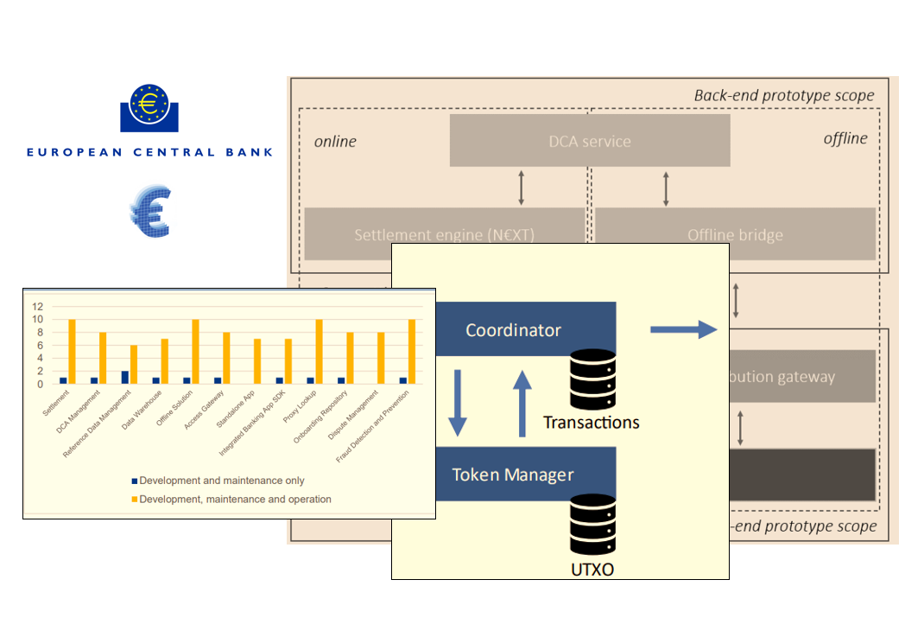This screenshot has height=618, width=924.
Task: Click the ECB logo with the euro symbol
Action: coord(150,108)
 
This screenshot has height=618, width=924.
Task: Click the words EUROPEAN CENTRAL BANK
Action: coord(149,152)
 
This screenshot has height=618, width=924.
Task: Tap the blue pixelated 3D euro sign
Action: coord(150,213)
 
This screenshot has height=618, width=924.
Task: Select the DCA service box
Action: coord(590,141)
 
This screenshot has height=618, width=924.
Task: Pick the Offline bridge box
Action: coord(736,234)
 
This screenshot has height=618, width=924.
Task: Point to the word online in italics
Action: coord(335,141)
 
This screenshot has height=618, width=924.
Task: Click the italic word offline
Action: coord(845,138)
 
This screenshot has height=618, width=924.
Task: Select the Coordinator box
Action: coord(513,329)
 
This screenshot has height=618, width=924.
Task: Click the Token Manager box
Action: coord(513,475)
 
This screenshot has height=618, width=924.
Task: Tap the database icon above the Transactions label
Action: coord(592,379)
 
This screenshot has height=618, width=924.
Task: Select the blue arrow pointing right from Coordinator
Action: coord(683,328)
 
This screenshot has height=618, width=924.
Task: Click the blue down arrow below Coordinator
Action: coord(458,402)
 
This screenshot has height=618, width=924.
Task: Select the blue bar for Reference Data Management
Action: coord(124,377)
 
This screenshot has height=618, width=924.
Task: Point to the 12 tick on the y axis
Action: coord(37,306)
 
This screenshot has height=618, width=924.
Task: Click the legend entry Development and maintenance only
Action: coord(221,481)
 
